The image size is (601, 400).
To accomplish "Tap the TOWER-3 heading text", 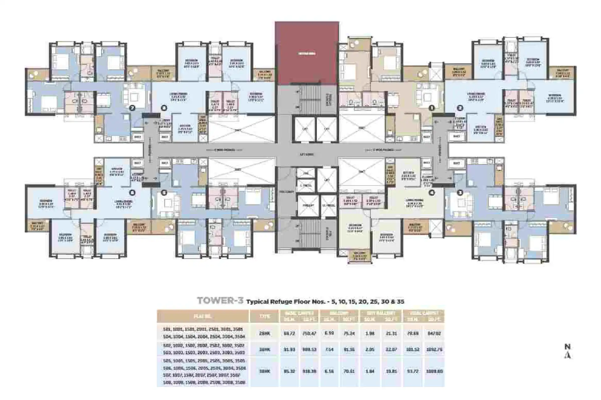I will (220, 301).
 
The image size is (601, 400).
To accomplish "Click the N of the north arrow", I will (567, 347).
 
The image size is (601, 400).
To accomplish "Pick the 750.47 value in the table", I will (309, 333).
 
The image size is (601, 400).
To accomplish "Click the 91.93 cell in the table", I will (289, 349).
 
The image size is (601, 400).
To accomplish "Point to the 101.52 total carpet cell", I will (412, 349).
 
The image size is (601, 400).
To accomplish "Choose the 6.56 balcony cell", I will (330, 371).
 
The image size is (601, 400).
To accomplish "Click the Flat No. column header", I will (203, 316).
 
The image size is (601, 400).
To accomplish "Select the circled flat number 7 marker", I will (132, 108).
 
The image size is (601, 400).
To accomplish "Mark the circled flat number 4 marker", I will (432, 193).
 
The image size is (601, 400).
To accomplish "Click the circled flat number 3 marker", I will (460, 193).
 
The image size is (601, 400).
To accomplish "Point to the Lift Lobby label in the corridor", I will (307, 154).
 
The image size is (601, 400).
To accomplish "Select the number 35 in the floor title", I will (400, 302).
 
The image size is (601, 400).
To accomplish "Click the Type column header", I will (265, 316).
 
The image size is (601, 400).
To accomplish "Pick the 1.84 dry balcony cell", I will (370, 371).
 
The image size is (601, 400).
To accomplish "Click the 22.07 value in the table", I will (391, 349).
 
